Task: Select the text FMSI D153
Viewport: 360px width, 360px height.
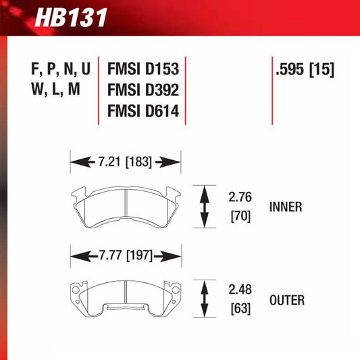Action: pyautogui.click(x=142, y=70)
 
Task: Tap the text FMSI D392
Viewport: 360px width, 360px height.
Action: pyautogui.click(x=142, y=90)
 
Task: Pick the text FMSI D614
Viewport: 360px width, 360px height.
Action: pyautogui.click(x=142, y=111)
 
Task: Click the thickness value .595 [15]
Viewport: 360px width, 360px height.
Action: pyautogui.click(x=305, y=70)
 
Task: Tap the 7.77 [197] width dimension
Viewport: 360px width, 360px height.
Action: pyautogui.click(x=126, y=256)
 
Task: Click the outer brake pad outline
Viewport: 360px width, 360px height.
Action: pyautogui.click(x=126, y=294)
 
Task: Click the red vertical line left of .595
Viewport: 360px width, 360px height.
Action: pyautogui.click(x=272, y=91)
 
